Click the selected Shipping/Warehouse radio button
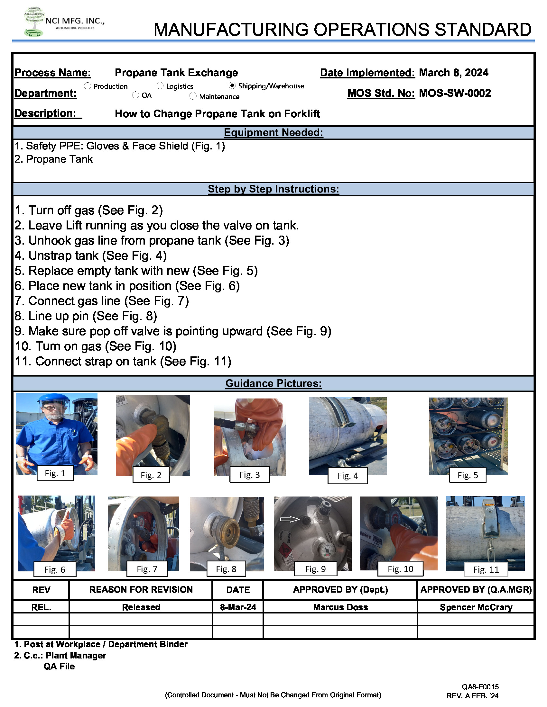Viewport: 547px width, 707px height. pos(232,85)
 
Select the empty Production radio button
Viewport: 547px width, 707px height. pos(88,86)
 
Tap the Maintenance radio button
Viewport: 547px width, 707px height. pos(193,96)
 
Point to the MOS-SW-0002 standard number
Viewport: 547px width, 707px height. pos(454,93)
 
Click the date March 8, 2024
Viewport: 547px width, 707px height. pos(453,73)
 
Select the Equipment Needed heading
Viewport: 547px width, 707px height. pos(273,132)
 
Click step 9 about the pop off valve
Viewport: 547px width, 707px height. pos(173,331)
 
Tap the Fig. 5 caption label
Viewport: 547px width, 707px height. pos(467,475)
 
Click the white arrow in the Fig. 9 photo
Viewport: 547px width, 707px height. pos(289,519)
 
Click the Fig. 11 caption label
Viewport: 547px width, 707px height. pos(486,569)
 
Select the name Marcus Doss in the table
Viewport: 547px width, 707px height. pos(340,607)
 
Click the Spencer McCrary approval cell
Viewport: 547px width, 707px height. pos(475,607)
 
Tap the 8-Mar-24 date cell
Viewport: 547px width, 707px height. pos(238,607)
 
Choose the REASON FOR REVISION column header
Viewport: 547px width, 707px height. pos(141,589)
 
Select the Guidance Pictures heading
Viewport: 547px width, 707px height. pos(273,383)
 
